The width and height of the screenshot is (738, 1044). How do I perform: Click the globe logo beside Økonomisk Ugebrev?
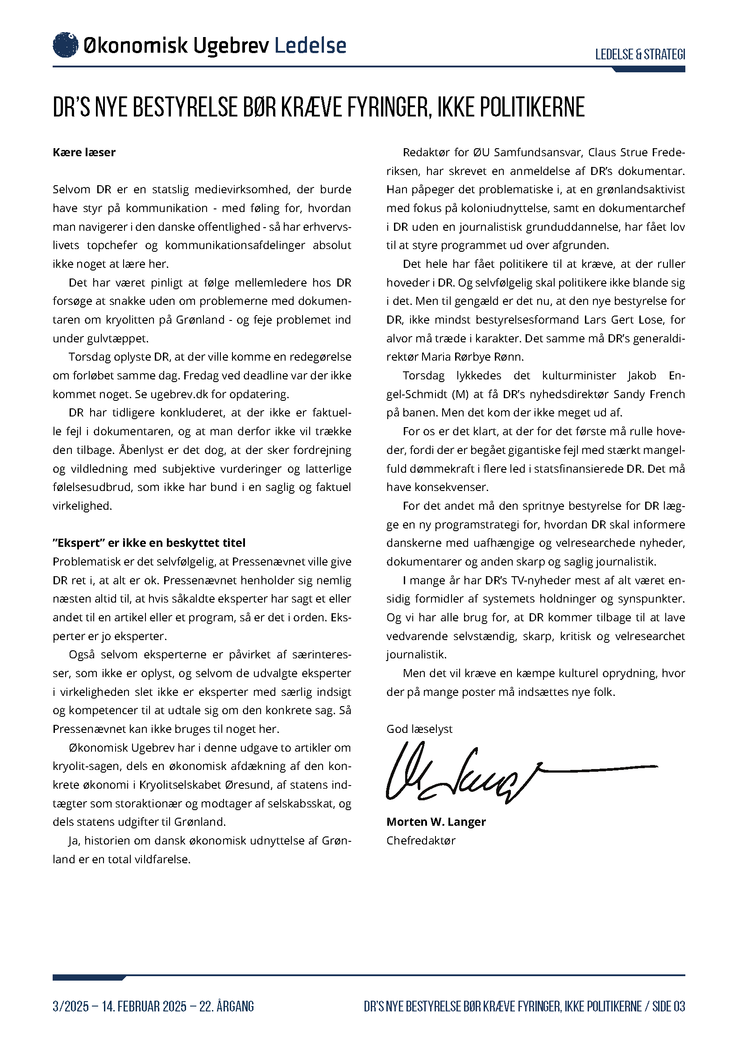point(66,45)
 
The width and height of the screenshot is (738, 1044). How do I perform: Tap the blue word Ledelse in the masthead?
point(311,46)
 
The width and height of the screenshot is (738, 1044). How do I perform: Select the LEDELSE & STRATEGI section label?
point(640,54)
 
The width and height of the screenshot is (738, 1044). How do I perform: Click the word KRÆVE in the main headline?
point(311,107)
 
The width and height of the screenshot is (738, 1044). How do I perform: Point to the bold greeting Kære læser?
point(84,152)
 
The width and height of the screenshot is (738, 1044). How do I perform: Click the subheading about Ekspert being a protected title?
point(149,543)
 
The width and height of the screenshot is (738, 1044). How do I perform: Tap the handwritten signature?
point(500,773)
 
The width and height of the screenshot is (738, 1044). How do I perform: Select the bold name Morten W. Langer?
point(436,822)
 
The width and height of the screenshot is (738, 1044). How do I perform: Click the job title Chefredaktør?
point(421,840)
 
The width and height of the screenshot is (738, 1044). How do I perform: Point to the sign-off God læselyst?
point(419,729)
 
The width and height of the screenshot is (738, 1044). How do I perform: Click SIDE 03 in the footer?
point(668,1006)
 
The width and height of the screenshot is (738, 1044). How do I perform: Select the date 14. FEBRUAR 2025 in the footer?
point(144,1006)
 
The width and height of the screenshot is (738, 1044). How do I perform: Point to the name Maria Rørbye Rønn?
point(473,357)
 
